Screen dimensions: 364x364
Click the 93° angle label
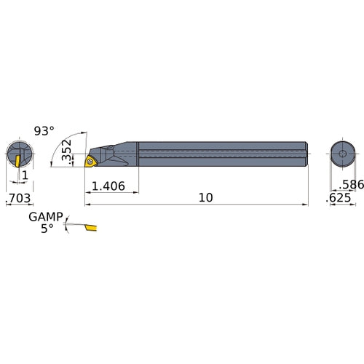tap(44, 132)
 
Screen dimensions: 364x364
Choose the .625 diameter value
tap(341, 198)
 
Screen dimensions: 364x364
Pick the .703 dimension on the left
tap(18, 198)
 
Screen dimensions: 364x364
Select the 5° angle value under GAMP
tap(47, 228)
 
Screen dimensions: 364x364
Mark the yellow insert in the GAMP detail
tap(90, 229)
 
